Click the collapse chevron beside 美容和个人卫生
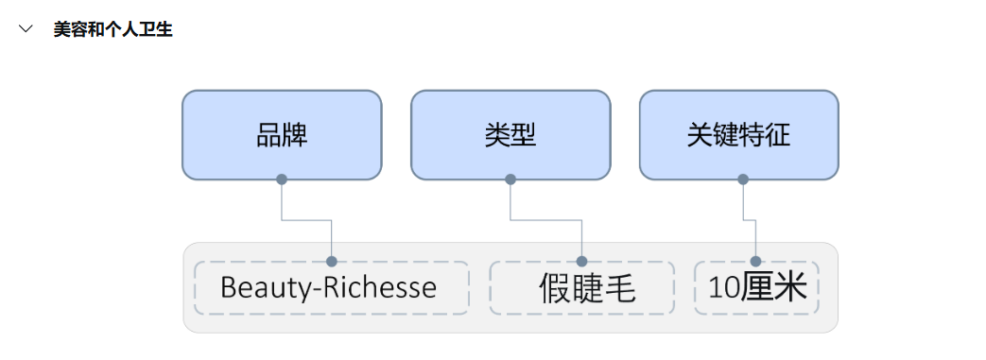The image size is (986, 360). (x=26, y=29)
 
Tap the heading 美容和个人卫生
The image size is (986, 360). (x=112, y=29)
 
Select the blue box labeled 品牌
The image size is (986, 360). (x=282, y=134)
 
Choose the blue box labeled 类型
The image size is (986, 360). (x=510, y=134)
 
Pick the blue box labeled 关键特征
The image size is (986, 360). (x=738, y=134)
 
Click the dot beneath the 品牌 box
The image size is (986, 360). (x=282, y=179)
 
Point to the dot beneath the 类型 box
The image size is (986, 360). (x=510, y=179)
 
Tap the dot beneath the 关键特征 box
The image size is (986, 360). (x=743, y=179)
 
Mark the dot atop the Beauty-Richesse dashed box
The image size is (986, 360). (x=332, y=261)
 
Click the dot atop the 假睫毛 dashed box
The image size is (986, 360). (x=582, y=261)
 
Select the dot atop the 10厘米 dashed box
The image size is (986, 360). (x=756, y=261)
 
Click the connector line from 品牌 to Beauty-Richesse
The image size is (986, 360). (x=307, y=220)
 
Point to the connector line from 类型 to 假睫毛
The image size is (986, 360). (x=546, y=220)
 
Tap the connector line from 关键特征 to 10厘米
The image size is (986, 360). (x=750, y=220)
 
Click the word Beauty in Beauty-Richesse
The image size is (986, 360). (x=259, y=287)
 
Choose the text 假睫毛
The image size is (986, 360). (x=586, y=288)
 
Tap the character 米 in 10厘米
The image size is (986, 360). (x=792, y=288)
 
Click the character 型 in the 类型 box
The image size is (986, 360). (x=524, y=135)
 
